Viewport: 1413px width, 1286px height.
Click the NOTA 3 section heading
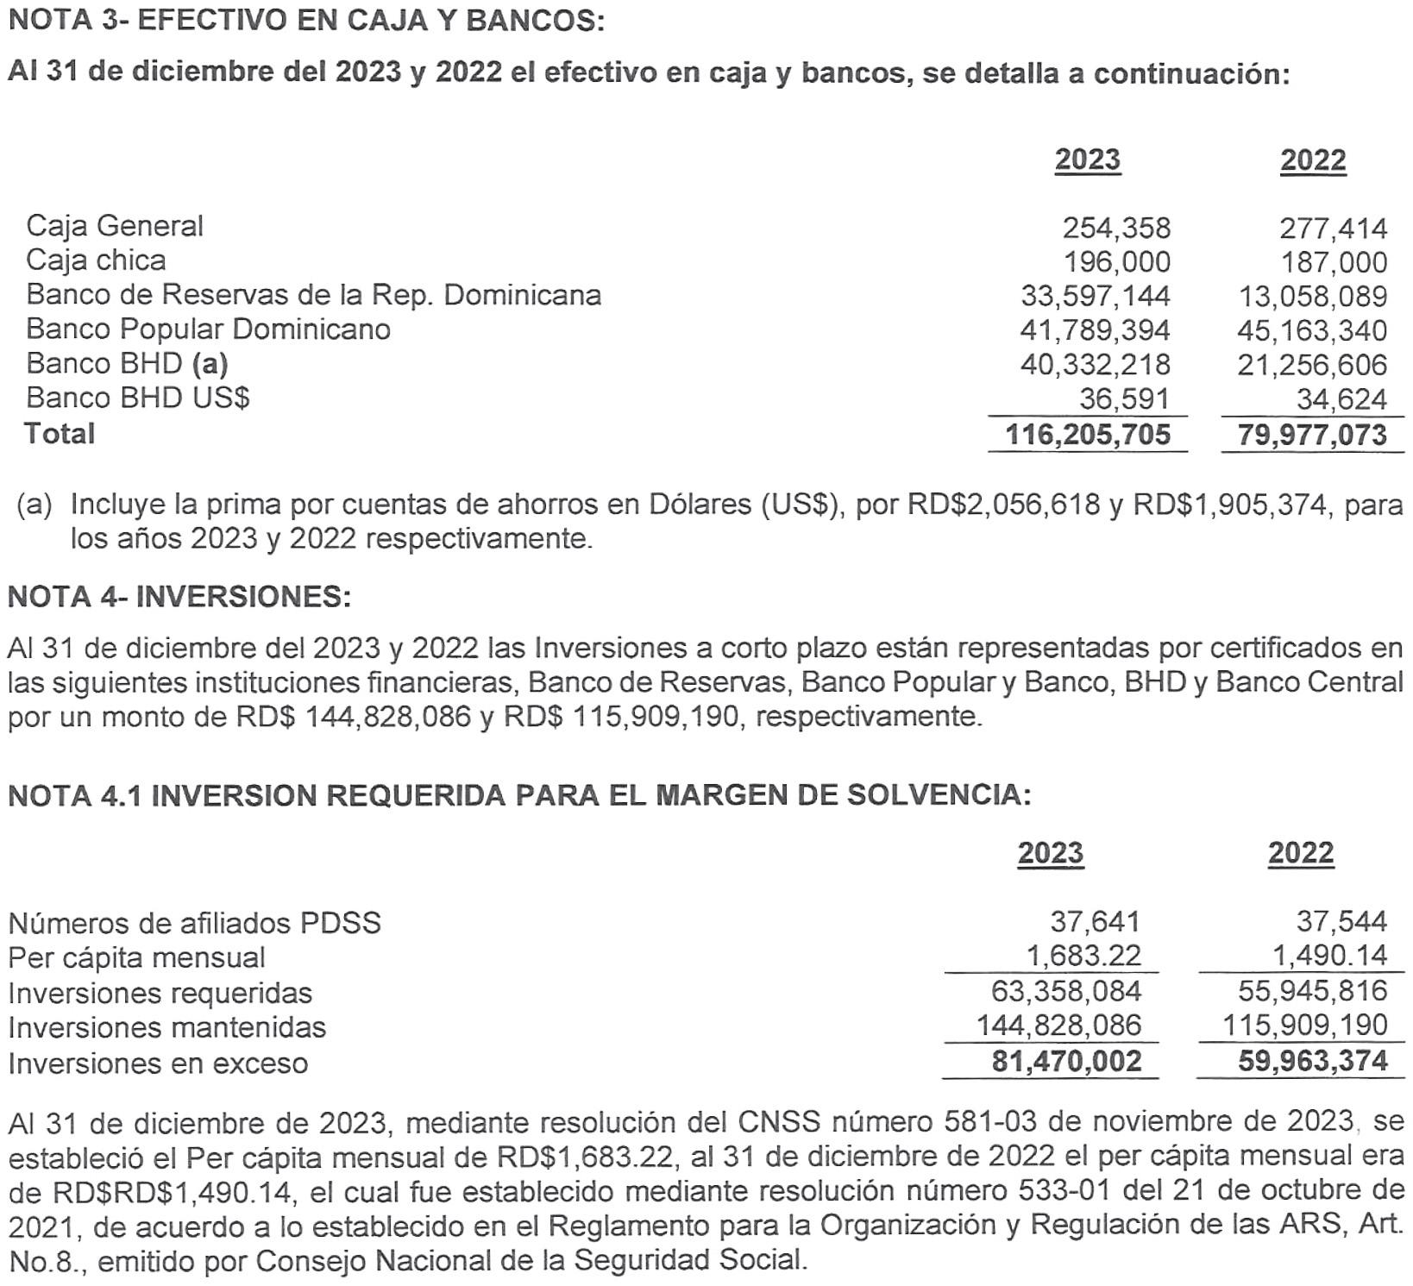pos(305,21)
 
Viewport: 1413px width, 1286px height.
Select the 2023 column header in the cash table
pos(1087,160)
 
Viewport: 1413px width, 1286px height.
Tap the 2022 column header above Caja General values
pos(1313,160)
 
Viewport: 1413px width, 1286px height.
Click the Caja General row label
pos(115,226)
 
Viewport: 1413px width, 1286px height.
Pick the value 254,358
pos(1116,228)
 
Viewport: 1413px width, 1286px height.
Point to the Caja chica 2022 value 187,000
pos(1334,262)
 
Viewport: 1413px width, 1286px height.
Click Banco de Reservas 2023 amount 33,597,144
pos(1096,296)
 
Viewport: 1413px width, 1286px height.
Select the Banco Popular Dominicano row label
pos(208,329)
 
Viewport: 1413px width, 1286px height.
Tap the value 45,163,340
pos(1312,330)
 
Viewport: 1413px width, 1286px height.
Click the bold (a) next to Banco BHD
pos(210,364)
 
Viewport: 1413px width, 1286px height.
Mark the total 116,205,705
pos(1089,435)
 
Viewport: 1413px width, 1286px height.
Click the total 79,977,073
pos(1312,435)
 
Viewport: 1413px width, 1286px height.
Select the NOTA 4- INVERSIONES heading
pos(179,596)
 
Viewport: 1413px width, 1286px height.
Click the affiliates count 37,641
pos(1095,922)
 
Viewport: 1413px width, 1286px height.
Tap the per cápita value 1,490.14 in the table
pos(1341,956)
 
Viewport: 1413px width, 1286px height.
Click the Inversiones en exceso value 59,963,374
pos(1312,1061)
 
